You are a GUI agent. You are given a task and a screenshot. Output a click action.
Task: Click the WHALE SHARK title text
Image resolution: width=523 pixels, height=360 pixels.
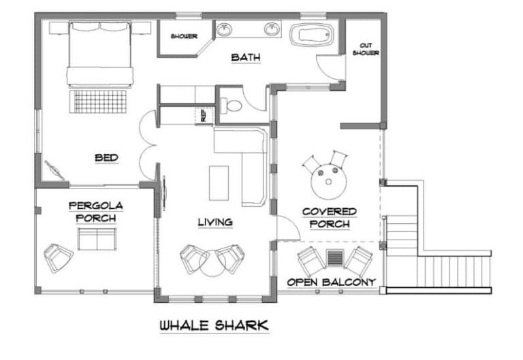pos(214,326)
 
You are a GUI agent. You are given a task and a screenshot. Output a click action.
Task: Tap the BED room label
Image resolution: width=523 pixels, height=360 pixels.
pos(106,158)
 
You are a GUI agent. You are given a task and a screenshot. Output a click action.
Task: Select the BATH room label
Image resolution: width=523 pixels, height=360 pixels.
pos(246,57)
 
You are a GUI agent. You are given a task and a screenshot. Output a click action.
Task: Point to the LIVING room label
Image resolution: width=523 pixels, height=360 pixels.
pos(215,222)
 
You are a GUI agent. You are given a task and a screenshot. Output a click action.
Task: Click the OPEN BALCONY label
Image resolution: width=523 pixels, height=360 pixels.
pos(331,282)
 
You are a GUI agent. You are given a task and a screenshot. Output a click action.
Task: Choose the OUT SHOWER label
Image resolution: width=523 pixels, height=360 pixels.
pos(366,49)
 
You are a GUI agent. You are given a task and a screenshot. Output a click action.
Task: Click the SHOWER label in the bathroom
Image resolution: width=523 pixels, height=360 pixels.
pos(184,36)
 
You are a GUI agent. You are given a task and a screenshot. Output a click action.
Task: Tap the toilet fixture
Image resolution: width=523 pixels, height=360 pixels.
pos(231,105)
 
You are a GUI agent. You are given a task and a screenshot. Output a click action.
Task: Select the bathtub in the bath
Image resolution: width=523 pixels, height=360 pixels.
pos(311,34)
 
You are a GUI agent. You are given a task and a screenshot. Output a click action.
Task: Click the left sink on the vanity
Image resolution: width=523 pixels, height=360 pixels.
pos(224,29)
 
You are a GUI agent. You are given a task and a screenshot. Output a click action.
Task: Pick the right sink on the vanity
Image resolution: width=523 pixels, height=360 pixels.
pos(272,29)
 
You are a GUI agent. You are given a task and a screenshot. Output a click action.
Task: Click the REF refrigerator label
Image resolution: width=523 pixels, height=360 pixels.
pos(203,115)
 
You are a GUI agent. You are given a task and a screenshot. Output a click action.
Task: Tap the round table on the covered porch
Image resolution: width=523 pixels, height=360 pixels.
pos(328,182)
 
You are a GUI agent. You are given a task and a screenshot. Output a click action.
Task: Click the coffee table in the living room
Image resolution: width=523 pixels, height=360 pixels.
pos(219,183)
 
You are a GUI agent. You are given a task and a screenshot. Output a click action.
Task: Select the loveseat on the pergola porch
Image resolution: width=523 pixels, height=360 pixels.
pos(97,239)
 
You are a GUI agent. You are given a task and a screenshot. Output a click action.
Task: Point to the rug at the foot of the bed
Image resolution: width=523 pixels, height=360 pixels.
pos(98,101)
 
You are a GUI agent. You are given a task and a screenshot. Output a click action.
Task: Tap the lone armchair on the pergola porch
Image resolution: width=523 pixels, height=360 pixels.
pos(58,257)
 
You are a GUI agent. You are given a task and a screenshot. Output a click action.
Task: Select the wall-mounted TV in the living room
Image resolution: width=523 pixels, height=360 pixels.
pos(164,193)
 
